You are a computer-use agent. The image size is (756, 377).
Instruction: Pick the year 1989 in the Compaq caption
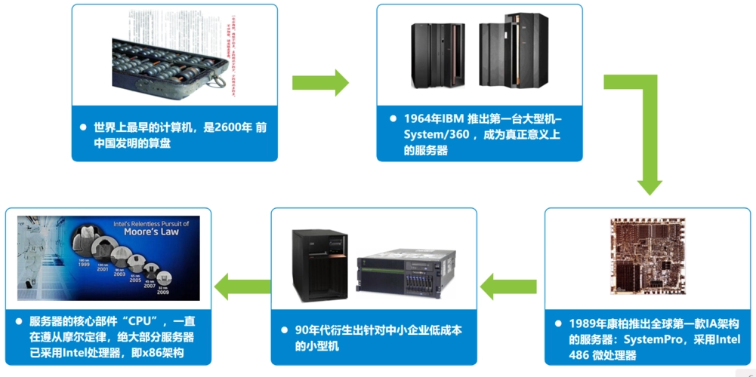pos(584,324)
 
